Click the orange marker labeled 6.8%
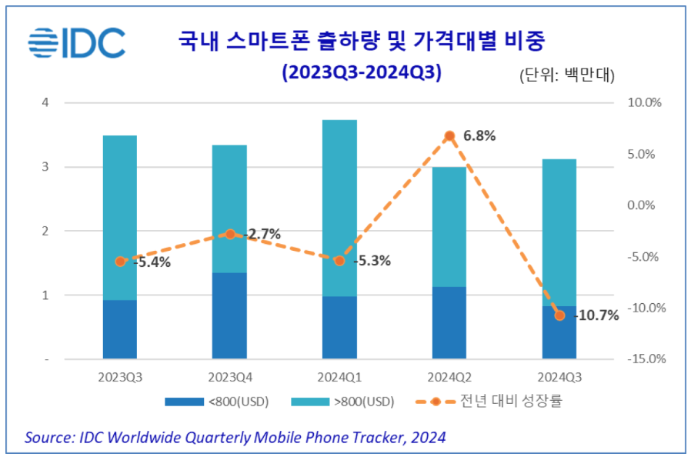pyautogui.click(x=449, y=136)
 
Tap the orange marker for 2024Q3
pyautogui.click(x=559, y=315)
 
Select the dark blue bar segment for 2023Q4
pyautogui.click(x=229, y=315)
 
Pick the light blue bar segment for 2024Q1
pyautogui.click(x=339, y=208)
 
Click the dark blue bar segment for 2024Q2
pyautogui.click(x=449, y=322)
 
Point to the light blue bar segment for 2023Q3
pyautogui.click(x=120, y=218)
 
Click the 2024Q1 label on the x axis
pyautogui.click(x=339, y=377)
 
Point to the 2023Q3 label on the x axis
pyautogui.click(x=120, y=377)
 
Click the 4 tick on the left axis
pyautogui.click(x=45, y=102)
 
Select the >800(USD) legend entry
pyautogui.click(x=345, y=402)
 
